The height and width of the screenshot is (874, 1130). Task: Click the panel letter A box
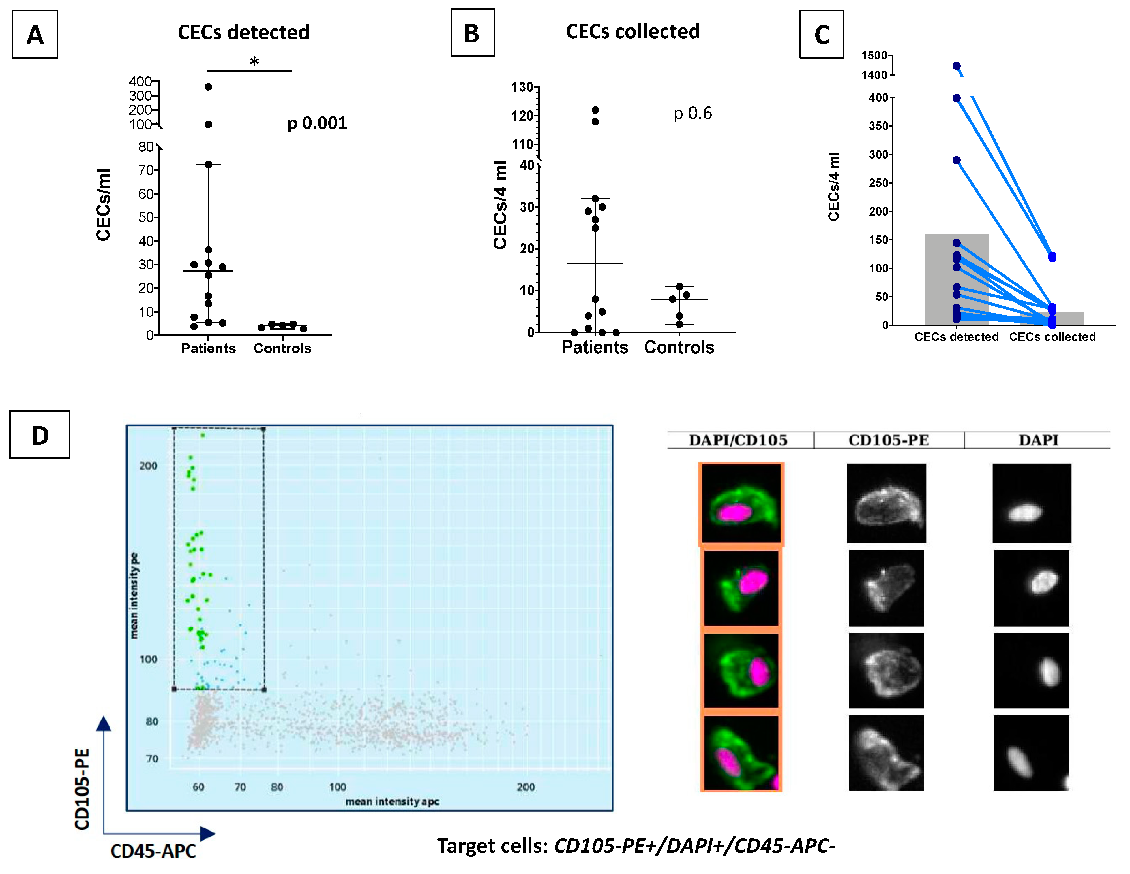coord(35,35)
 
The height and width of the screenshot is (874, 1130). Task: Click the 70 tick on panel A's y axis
coord(145,170)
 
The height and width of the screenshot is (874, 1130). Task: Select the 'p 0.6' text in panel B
coord(692,113)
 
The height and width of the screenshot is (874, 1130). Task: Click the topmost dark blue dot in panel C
coord(956,66)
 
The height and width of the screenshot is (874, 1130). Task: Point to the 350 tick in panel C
coord(878,126)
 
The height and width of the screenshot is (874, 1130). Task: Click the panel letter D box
coord(40,435)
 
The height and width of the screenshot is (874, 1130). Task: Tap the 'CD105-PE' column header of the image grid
coord(888,440)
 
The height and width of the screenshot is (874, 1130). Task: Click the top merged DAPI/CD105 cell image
coord(741,504)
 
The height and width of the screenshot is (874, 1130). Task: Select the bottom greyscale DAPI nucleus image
coord(1031,753)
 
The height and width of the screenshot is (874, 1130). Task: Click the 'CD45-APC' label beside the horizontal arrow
coord(153,851)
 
